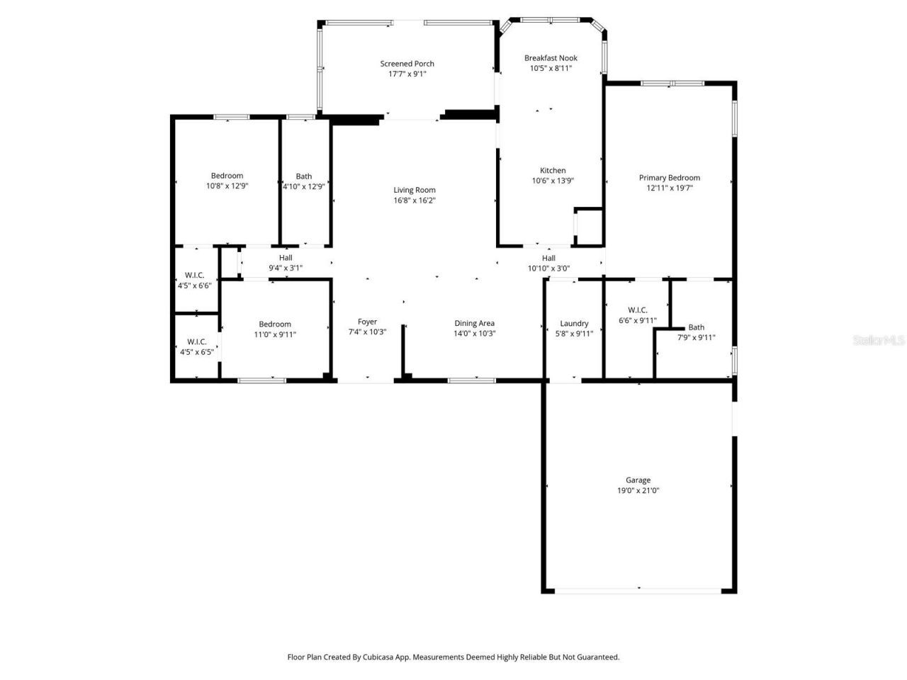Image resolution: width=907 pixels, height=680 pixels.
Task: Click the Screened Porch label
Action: [x=407, y=64]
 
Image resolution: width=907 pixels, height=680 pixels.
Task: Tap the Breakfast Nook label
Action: [x=551, y=58]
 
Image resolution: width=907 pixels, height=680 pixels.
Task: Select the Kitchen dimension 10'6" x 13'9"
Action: [x=553, y=181]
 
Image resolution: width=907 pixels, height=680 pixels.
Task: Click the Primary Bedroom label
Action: [x=669, y=178]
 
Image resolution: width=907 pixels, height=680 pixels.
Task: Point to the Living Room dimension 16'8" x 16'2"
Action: [x=415, y=200]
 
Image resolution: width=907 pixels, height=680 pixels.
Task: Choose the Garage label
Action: [x=638, y=480]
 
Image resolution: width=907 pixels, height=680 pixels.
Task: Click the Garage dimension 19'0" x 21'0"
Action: [x=638, y=491]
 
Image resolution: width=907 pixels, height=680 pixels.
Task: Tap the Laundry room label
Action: [x=574, y=324]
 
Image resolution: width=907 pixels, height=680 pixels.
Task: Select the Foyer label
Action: [x=367, y=322]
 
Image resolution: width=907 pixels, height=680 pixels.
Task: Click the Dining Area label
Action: [x=474, y=324]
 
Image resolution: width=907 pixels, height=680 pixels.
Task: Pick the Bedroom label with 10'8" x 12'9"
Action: [x=227, y=176]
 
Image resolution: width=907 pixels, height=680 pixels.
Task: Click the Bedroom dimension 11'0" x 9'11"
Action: [x=275, y=335]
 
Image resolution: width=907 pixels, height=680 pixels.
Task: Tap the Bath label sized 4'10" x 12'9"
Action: [x=303, y=176]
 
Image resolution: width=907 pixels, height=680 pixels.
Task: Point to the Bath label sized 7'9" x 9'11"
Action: [x=697, y=327]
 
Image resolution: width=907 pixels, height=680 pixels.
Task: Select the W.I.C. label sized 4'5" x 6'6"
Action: [x=194, y=275]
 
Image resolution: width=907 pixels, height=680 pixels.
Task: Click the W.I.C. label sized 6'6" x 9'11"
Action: [x=637, y=310]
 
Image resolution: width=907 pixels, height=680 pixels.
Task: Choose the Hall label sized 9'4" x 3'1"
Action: [x=286, y=258]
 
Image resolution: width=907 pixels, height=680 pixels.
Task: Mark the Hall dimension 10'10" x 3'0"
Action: [x=548, y=269]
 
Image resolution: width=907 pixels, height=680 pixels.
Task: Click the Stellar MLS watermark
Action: [x=879, y=341]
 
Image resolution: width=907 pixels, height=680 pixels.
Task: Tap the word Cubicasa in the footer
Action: [x=381, y=657]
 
